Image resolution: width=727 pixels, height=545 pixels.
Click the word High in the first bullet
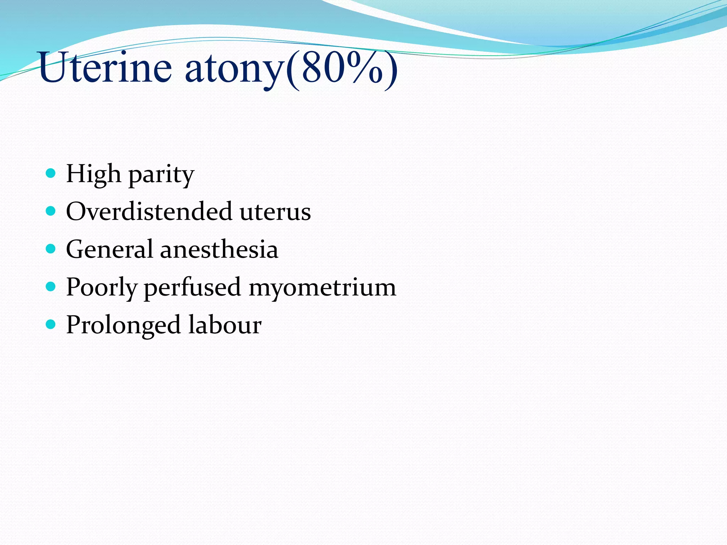click(93, 174)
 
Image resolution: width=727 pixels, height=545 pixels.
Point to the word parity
click(161, 175)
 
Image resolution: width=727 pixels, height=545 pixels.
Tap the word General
click(109, 249)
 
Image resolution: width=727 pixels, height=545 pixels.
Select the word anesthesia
click(219, 249)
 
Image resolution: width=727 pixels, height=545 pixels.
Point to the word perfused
click(192, 287)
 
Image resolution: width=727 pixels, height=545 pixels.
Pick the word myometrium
click(322, 287)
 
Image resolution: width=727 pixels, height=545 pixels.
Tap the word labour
click(225, 325)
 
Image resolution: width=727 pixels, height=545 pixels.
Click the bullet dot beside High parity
click(51, 173)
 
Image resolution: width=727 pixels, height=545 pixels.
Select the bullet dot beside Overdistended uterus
click(51, 211)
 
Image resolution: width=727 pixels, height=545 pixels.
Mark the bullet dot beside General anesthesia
click(51, 249)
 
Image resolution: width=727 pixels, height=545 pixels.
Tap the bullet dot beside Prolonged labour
click(51, 324)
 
